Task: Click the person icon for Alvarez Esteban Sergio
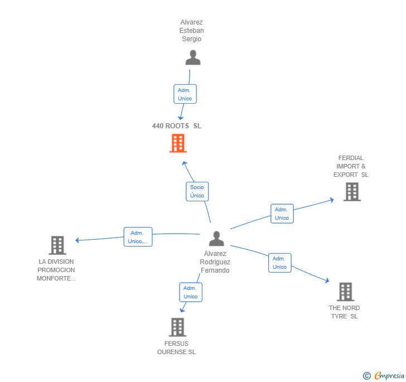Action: pyautogui.click(x=192, y=58)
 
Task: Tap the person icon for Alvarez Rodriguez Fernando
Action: pyautogui.click(x=216, y=239)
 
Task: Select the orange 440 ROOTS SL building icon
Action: pyautogui.click(x=177, y=143)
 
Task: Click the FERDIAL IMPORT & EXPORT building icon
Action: pyautogui.click(x=351, y=192)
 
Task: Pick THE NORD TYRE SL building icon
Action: pyautogui.click(x=345, y=292)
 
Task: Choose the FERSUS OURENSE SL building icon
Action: pyautogui.click(x=177, y=327)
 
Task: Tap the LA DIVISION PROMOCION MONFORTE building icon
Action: pyautogui.click(x=57, y=245)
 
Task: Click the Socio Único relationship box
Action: pyautogui.click(x=197, y=191)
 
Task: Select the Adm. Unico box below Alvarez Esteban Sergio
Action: pyautogui.click(x=185, y=94)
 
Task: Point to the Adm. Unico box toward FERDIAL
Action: pyautogui.click(x=282, y=214)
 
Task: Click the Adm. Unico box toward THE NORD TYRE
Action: pyautogui.click(x=279, y=263)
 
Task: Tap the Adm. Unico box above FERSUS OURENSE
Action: pyautogui.click(x=191, y=292)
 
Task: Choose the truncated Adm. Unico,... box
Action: pyautogui.click(x=138, y=237)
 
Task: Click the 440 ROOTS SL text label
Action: pyautogui.click(x=177, y=126)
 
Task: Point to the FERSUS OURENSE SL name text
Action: pyautogui.click(x=176, y=348)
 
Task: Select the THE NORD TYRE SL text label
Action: pyautogui.click(x=344, y=312)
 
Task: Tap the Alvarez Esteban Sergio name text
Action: pyautogui.click(x=191, y=31)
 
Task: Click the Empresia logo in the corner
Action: pyautogui.click(x=384, y=375)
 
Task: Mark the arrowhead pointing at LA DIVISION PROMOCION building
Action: pyautogui.click(x=78, y=240)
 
